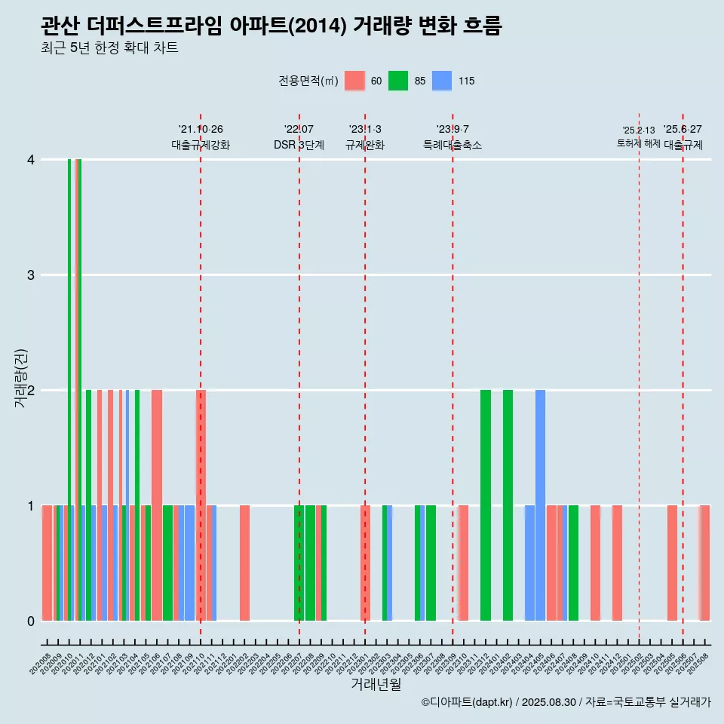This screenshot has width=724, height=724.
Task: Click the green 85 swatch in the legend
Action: click(x=398, y=81)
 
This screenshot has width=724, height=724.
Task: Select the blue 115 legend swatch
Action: click(x=442, y=81)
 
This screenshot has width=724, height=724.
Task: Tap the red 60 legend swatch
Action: click(x=354, y=81)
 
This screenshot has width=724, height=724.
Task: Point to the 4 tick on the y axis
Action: click(x=31, y=160)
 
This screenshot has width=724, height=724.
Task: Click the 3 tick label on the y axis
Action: click(x=31, y=275)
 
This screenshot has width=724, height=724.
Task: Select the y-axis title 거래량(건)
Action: click(x=21, y=377)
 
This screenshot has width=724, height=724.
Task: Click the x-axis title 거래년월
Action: click(x=376, y=684)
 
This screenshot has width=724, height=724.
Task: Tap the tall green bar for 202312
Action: click(x=486, y=505)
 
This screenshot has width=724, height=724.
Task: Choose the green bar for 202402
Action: click(x=508, y=505)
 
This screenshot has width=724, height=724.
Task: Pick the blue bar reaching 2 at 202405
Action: click(x=540, y=505)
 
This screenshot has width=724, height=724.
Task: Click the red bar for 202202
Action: click(x=245, y=563)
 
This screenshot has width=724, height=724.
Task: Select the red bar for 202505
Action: click(x=672, y=563)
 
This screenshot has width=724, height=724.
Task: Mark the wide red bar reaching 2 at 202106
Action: click(x=157, y=505)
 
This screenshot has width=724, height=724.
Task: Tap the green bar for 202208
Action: click(x=310, y=563)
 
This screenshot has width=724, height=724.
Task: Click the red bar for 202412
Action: click(x=617, y=563)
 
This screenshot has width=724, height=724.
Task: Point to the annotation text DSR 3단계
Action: click(x=299, y=146)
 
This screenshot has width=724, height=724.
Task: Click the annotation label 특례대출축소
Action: click(x=452, y=146)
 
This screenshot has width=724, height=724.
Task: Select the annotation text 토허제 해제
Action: click(x=638, y=143)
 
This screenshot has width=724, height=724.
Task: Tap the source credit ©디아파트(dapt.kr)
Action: click(x=467, y=703)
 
